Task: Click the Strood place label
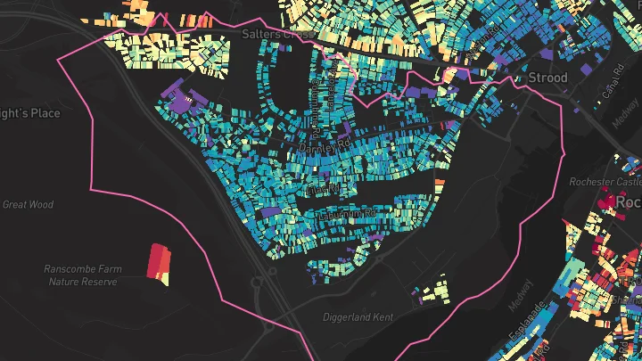(547, 78)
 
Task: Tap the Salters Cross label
(276, 34)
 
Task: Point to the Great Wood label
(28, 204)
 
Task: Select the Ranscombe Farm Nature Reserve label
(82, 275)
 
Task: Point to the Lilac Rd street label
(323, 191)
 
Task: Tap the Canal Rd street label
(610, 86)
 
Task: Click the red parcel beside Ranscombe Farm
(158, 263)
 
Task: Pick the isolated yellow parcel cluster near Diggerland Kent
(434, 291)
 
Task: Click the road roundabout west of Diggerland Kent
(264, 283)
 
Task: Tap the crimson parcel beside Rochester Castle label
(609, 201)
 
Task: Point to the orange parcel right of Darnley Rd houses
(439, 183)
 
